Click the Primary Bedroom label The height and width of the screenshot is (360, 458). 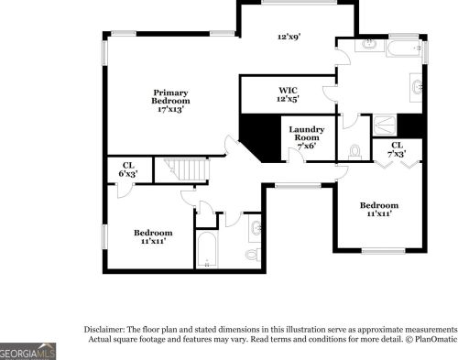pyautogui.click(x=170, y=93)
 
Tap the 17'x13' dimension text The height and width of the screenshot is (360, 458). pyautogui.click(x=170, y=108)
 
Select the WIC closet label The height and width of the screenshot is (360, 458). pyautogui.click(x=288, y=90)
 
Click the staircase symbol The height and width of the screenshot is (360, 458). pyautogui.click(x=184, y=169)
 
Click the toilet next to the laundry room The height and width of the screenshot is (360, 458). pyautogui.click(x=355, y=150)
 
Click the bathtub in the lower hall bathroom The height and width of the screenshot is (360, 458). pyautogui.click(x=207, y=249)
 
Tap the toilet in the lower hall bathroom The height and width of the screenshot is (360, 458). pyautogui.click(x=252, y=251)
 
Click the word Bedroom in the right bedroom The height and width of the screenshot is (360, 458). pyautogui.click(x=378, y=205)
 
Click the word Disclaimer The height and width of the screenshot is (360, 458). pyautogui.click(x=108, y=328)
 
